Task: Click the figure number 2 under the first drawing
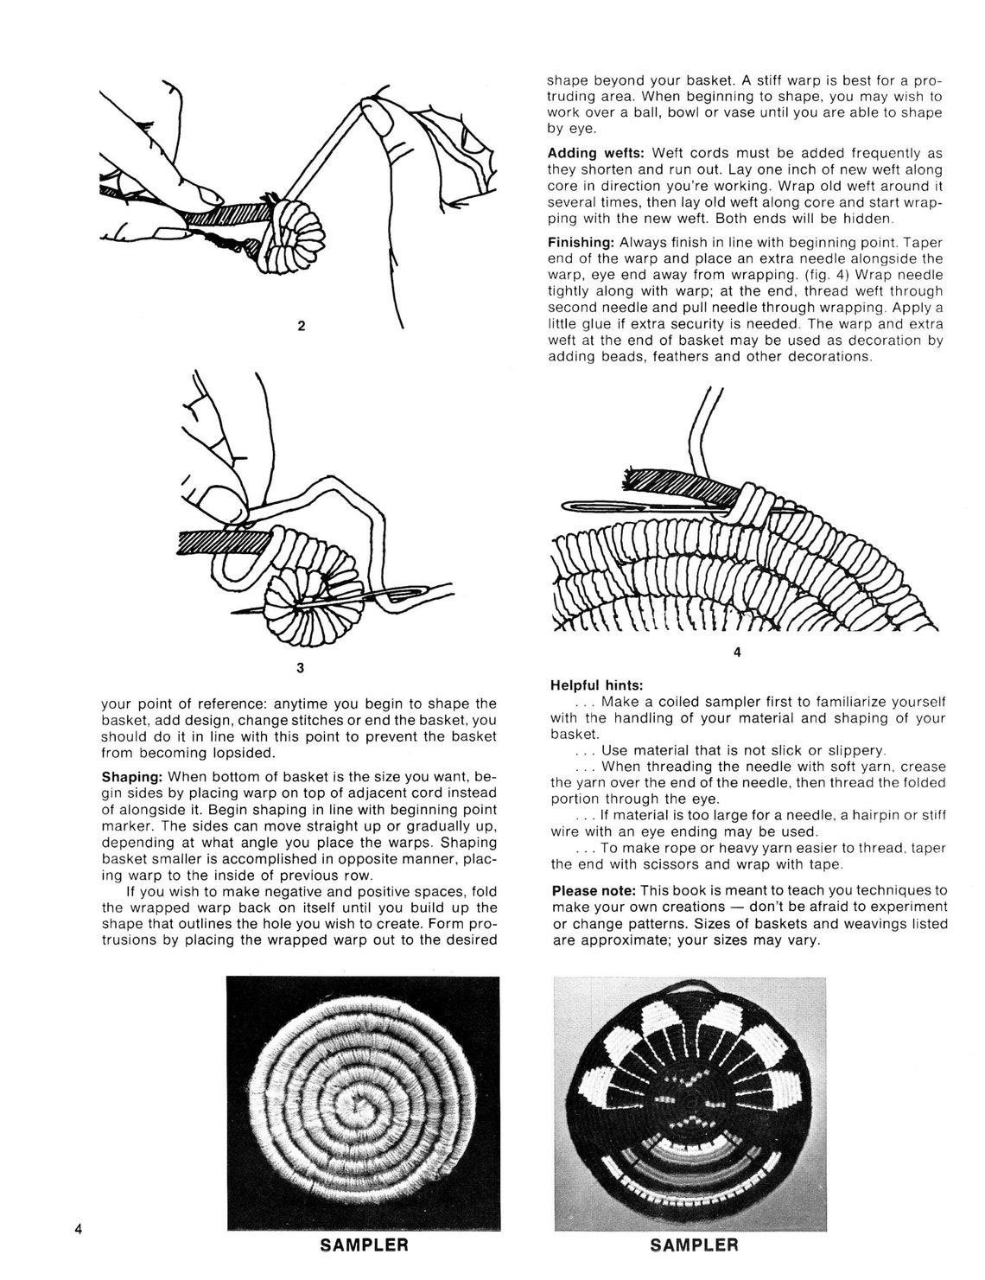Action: [301, 326]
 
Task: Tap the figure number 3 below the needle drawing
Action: [300, 668]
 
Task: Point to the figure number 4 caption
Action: [737, 653]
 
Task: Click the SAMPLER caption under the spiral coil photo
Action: [364, 1245]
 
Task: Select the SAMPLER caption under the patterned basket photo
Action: [694, 1245]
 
